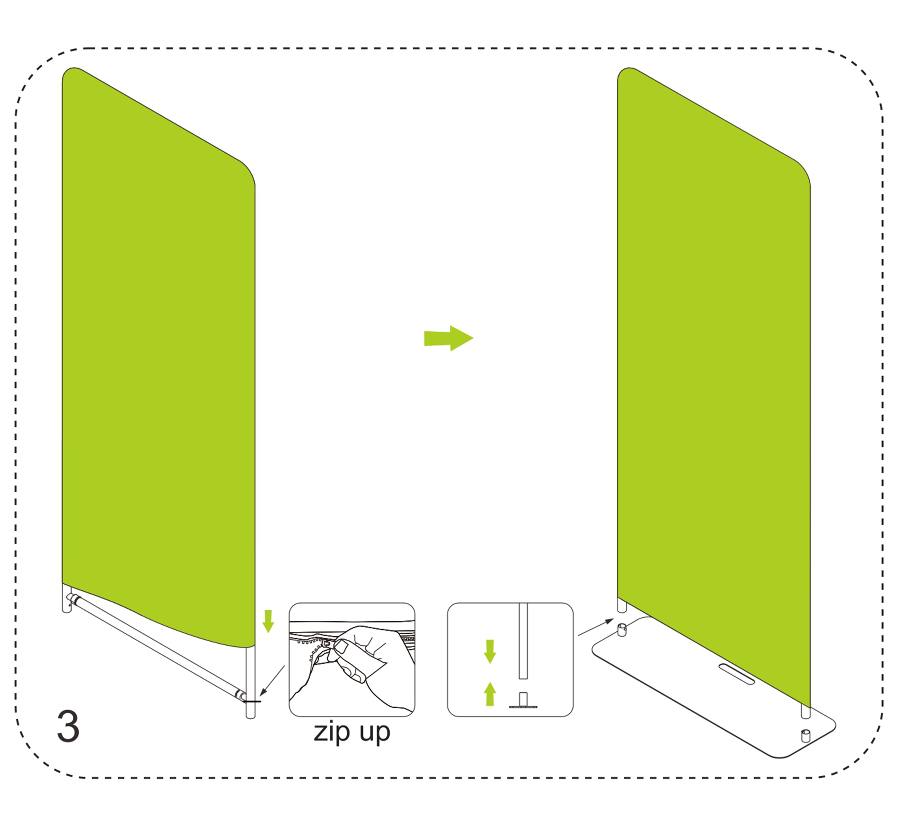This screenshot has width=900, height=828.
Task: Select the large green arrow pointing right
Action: (x=448, y=338)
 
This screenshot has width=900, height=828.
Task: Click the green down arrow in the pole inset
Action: (x=490, y=652)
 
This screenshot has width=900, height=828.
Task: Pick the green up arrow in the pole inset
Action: (x=490, y=694)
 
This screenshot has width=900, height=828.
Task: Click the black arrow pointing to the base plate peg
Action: (x=596, y=627)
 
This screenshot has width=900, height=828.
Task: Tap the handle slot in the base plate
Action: (x=736, y=674)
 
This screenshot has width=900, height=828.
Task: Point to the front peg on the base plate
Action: (x=806, y=736)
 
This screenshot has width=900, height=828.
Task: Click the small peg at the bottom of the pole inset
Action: (x=523, y=700)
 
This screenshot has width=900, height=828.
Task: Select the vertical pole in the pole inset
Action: (x=523, y=641)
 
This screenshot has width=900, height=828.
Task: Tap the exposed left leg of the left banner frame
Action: (x=66, y=598)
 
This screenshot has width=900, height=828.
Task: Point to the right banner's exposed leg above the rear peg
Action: (x=622, y=604)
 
